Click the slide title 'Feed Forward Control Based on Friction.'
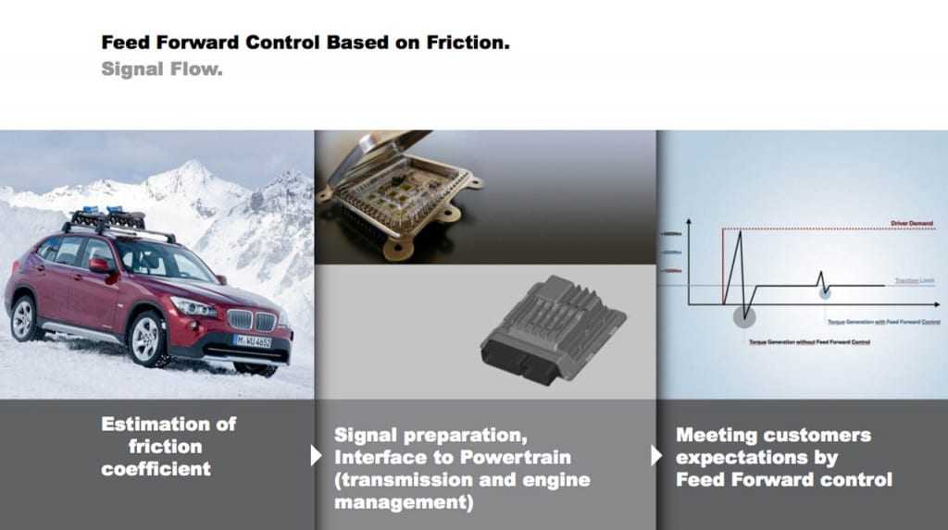(x=305, y=43)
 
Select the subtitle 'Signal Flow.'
(x=162, y=69)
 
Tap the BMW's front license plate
(x=252, y=340)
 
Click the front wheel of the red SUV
(x=147, y=338)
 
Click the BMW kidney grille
(x=252, y=320)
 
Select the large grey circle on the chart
(x=743, y=316)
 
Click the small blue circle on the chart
(x=824, y=292)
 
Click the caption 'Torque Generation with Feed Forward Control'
(x=883, y=322)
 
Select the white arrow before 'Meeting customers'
(x=656, y=455)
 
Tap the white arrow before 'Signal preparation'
(x=316, y=455)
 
